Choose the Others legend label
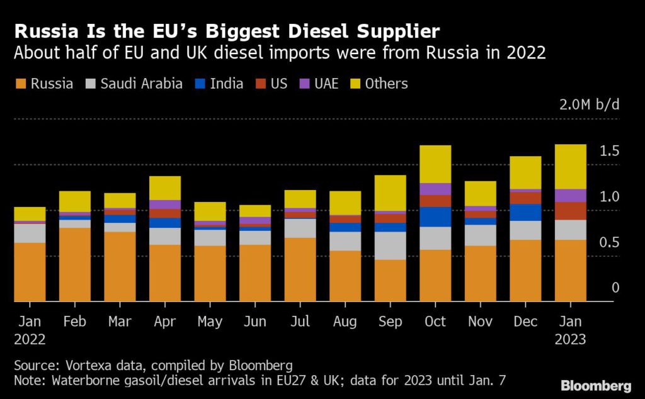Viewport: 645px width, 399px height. (387, 84)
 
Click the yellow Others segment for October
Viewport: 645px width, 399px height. (435, 164)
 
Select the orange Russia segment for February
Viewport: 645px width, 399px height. (75, 264)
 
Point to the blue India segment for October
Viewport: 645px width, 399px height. (435, 216)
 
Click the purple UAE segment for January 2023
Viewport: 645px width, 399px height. (571, 196)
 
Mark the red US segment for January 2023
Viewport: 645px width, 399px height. (571, 211)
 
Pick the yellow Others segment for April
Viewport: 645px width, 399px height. (165, 188)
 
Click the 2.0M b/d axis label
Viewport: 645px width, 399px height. (590, 104)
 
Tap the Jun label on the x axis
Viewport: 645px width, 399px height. (254, 322)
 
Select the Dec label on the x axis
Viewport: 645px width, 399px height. (525, 322)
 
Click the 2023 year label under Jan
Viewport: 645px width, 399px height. (571, 339)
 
